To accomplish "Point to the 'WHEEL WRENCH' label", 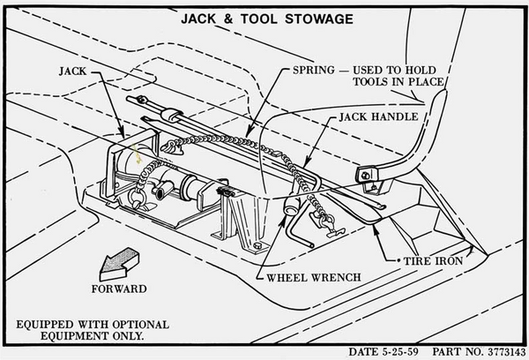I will tap(312, 278).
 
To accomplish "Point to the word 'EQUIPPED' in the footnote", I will tap(45, 324).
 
